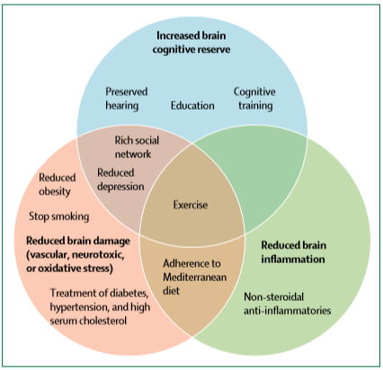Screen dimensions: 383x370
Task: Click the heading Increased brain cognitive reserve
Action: click(191, 42)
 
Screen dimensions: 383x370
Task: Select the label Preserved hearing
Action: click(127, 99)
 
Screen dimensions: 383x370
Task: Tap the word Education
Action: click(192, 106)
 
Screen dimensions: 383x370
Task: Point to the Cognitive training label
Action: click(254, 99)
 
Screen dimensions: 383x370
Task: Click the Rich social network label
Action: click(137, 147)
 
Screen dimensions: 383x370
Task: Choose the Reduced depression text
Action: click(120, 180)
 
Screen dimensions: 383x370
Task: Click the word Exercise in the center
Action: click(191, 205)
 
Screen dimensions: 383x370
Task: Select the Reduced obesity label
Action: click(58, 184)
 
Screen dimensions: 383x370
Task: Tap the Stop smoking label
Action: click(59, 216)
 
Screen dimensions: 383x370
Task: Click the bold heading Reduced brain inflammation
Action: click(293, 252)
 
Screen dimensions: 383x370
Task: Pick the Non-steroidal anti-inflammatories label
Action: click(288, 304)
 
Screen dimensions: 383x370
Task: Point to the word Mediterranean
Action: click(195, 277)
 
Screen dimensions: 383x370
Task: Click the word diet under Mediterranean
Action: click(171, 291)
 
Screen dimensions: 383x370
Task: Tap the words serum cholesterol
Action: click(88, 321)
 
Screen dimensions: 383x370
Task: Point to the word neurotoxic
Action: click(98, 255)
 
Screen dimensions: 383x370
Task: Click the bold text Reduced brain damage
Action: click(78, 241)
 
